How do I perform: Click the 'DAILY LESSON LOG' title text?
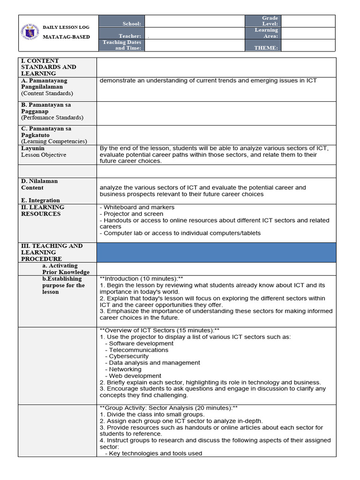tap(66, 27)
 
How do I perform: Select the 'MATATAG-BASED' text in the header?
tap(66, 37)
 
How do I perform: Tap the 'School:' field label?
tap(132, 24)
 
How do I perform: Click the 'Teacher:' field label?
tap(130, 36)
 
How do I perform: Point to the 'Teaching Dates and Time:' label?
tap(122, 45)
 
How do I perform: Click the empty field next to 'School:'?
tap(194, 21)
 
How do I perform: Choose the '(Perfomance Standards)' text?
tap(52, 118)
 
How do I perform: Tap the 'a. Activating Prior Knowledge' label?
tap(66, 269)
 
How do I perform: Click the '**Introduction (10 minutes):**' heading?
tap(141, 278)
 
